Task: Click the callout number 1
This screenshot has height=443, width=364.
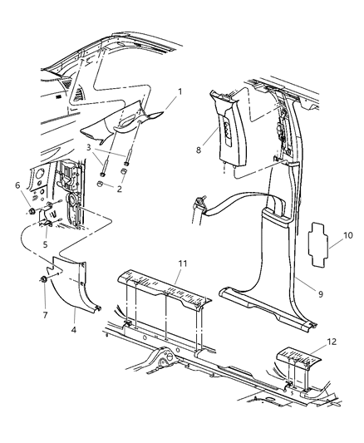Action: coord(180,91)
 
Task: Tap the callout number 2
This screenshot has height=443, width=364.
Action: coord(119,189)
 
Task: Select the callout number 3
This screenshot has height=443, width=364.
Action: coord(88,147)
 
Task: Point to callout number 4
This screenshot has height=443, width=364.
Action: coord(74,330)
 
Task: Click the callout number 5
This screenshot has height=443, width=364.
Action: coord(45,244)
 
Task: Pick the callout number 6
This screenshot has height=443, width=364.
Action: coord(17,185)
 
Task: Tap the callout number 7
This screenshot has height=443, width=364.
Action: coord(45,315)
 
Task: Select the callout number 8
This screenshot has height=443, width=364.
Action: coord(199,150)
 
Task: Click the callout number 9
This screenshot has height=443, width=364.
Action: coord(321,294)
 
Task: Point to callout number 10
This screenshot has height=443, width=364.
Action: coord(348,235)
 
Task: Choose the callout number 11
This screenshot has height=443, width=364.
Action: coord(183,263)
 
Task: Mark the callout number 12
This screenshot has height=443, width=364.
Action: coord(332,342)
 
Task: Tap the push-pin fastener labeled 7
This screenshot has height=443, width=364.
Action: coord(43,279)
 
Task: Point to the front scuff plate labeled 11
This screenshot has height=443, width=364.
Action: coord(165,288)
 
